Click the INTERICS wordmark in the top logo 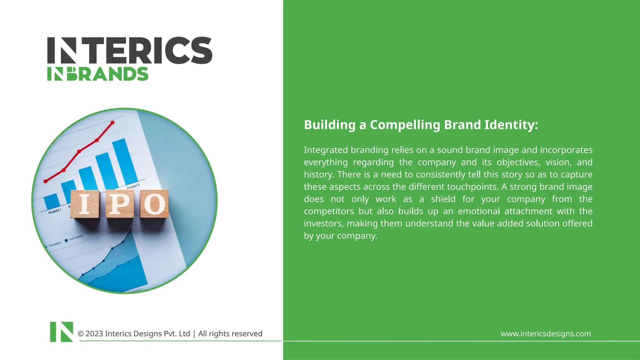click(x=130, y=51)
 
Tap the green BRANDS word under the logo click(x=108, y=74)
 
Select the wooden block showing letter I click(x=85, y=204)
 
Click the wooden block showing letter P click(x=120, y=204)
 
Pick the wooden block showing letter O click(x=154, y=204)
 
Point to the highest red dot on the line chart click(x=112, y=123)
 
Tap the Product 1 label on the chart click(x=55, y=211)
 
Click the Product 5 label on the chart click(x=133, y=187)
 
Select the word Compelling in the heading click(x=405, y=125)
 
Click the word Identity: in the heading click(x=511, y=125)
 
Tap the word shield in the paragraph click(x=443, y=199)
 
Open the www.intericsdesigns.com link click(x=546, y=334)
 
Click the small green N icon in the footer click(x=62, y=332)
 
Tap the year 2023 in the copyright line click(x=94, y=334)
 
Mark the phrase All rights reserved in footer click(x=230, y=334)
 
